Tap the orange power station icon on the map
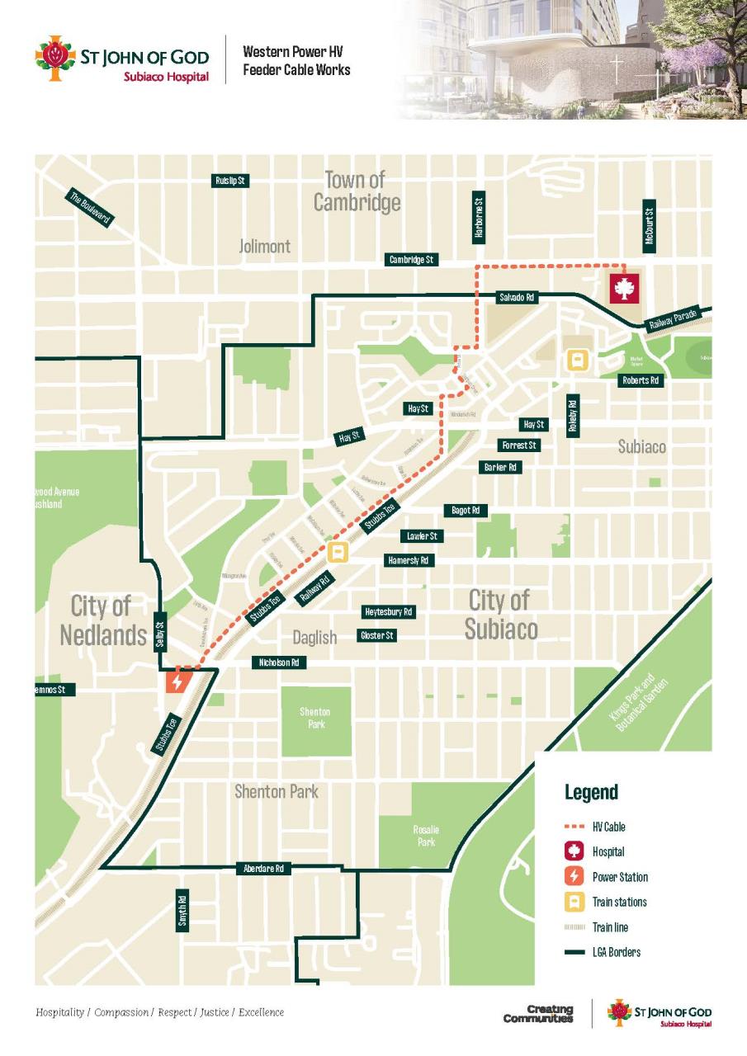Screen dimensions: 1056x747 click(x=177, y=682)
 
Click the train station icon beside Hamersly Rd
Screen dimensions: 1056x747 click(x=337, y=552)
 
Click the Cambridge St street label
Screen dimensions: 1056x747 click(x=412, y=260)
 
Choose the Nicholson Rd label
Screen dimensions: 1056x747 click(x=279, y=662)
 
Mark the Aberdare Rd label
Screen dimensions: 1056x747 click(x=263, y=869)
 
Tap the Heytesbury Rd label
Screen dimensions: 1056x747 click(x=388, y=612)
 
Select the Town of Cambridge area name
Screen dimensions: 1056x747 click(x=357, y=191)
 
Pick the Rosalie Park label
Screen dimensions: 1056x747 click(x=426, y=836)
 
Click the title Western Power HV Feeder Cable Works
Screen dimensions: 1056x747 click(x=295, y=61)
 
